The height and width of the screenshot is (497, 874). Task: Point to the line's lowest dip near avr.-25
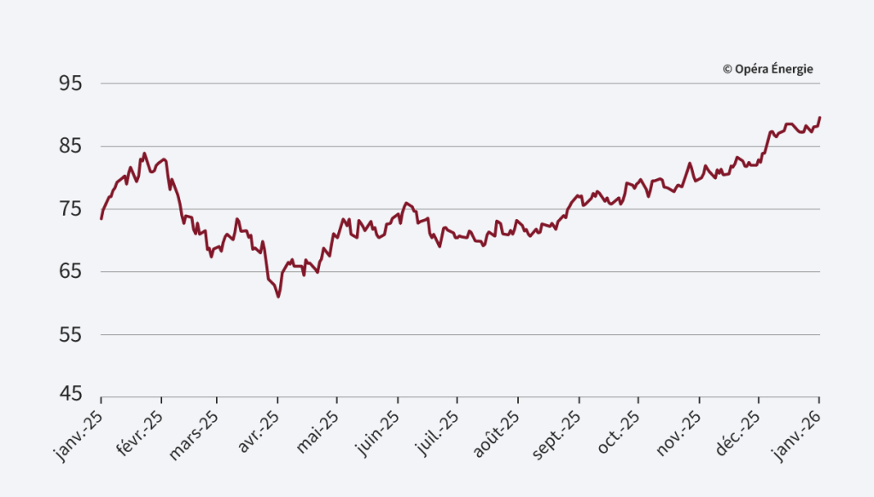point(278,297)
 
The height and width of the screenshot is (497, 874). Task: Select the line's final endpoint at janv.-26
point(820,118)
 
